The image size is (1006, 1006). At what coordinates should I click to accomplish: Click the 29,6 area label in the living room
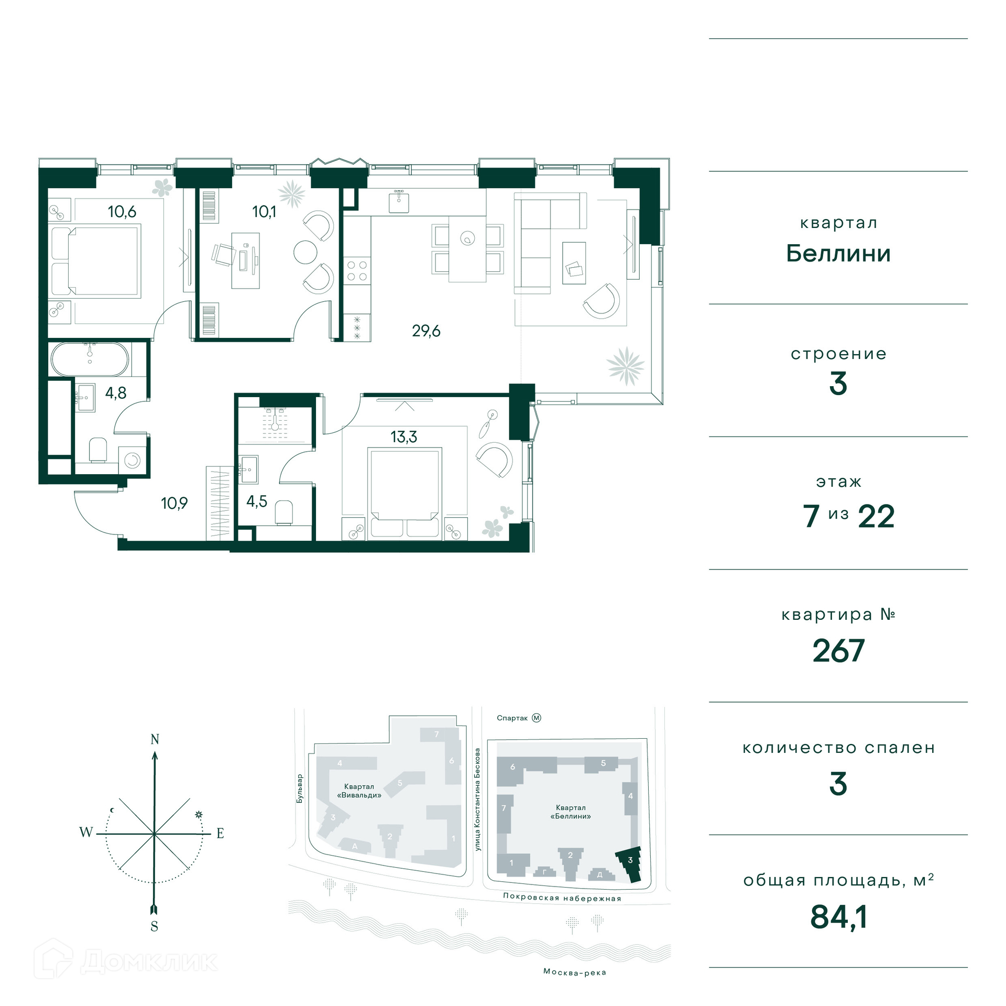click(426, 331)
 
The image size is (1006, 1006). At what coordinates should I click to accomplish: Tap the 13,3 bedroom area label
click(403, 437)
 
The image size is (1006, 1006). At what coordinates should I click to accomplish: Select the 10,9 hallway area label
click(174, 504)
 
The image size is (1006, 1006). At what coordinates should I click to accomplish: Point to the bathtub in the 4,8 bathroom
click(90, 359)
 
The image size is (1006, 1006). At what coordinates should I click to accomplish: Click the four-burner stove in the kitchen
click(357, 271)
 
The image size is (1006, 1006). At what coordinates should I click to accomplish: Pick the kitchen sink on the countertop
click(399, 202)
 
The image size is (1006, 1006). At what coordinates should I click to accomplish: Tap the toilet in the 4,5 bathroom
click(284, 512)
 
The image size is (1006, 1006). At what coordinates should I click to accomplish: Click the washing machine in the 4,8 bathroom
click(132, 460)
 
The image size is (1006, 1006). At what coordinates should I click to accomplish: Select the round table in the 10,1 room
click(305, 252)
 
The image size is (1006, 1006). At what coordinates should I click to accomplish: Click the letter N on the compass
click(155, 739)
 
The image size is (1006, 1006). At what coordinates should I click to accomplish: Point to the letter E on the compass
click(220, 833)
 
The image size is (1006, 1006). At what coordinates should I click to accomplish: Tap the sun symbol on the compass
click(199, 815)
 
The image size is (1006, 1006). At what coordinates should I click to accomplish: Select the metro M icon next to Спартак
click(537, 718)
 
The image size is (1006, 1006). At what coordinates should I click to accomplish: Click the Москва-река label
click(575, 972)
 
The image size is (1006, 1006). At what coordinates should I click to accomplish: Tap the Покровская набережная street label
click(562, 898)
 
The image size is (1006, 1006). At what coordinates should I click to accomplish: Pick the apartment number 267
click(838, 651)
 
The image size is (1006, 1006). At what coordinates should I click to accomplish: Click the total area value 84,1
click(838, 917)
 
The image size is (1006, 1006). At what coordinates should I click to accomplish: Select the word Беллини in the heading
click(838, 254)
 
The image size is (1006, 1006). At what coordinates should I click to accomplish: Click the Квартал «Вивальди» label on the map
click(359, 791)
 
